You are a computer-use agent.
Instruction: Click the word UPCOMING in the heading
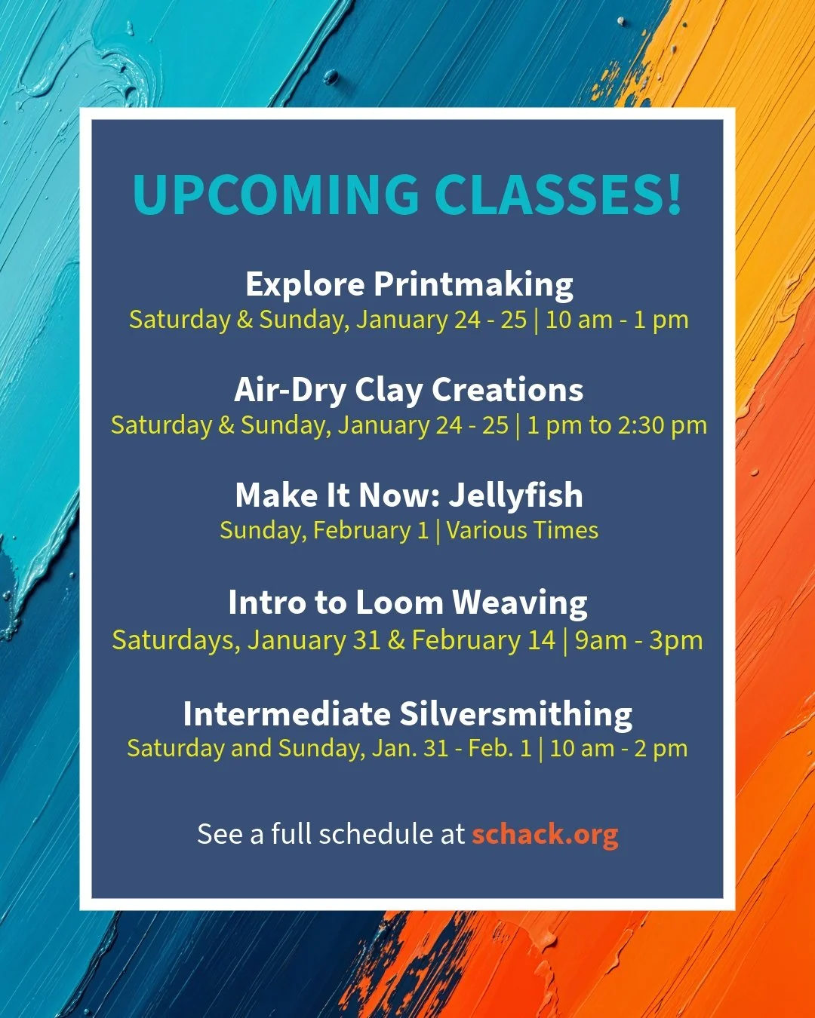pyautogui.click(x=275, y=195)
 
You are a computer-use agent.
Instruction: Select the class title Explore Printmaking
pyautogui.click(x=409, y=284)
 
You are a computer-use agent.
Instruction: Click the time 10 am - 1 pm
pyautogui.click(x=617, y=320)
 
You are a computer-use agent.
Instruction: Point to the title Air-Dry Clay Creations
pyautogui.click(x=409, y=390)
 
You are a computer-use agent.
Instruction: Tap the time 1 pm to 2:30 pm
pyautogui.click(x=617, y=425)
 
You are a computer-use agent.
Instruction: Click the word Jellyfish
pyautogui.click(x=516, y=495)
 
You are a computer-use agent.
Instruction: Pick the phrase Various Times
pyautogui.click(x=522, y=530)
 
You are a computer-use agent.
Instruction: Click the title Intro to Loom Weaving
pyautogui.click(x=407, y=603)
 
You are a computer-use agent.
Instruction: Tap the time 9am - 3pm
pyautogui.click(x=638, y=640)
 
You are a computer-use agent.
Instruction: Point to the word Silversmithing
pyautogui.click(x=516, y=714)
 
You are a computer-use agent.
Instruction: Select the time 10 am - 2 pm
pyautogui.click(x=618, y=749)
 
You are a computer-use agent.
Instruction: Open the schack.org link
pyautogui.click(x=545, y=834)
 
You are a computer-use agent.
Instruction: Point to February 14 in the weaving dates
pyautogui.click(x=483, y=640)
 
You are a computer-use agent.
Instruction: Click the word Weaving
pyautogui.click(x=519, y=603)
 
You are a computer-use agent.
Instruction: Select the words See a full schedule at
pyautogui.click(x=331, y=834)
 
